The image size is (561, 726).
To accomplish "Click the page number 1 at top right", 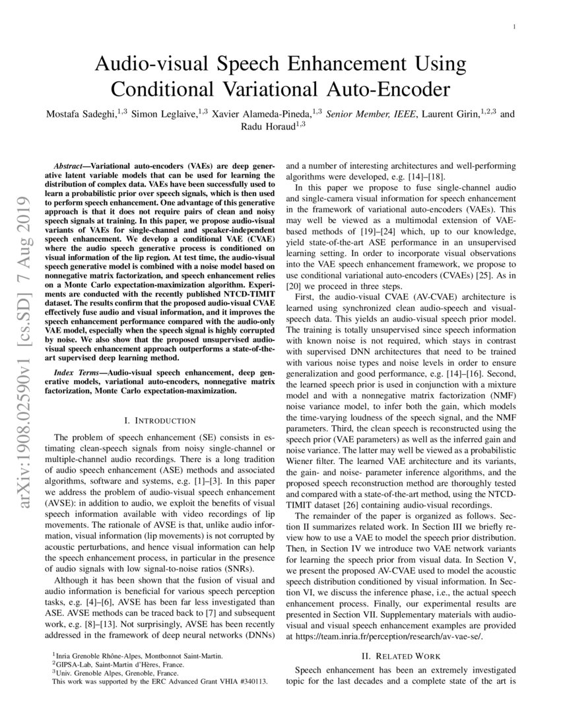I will click(x=513, y=26).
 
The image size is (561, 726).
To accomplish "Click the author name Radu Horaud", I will click(x=277, y=125).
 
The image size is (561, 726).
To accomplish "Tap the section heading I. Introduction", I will click(x=160, y=420).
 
